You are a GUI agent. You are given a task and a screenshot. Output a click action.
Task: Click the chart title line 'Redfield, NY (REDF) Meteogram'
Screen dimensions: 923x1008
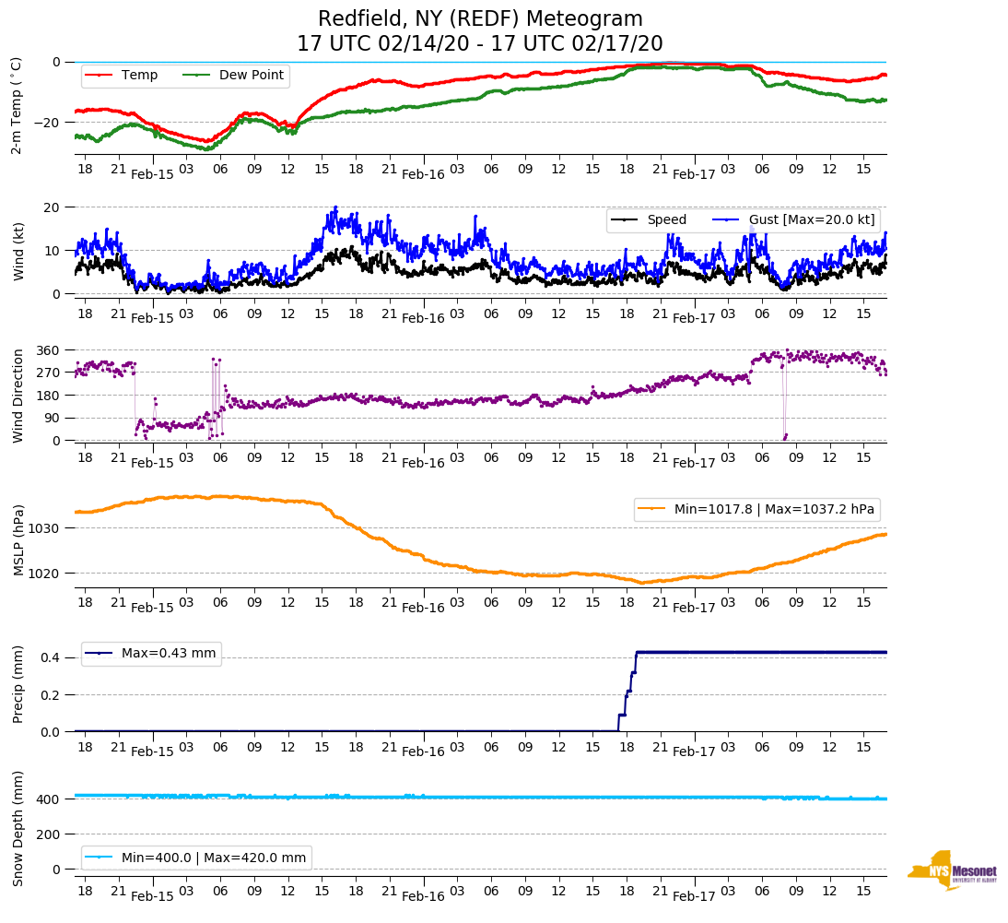(480, 19)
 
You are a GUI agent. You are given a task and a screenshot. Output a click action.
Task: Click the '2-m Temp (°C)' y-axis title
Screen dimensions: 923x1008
(16, 105)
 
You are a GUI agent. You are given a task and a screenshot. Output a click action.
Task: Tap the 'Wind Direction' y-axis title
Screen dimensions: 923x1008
(18, 396)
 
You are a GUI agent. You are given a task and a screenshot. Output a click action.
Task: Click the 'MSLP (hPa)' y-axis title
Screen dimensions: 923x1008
(18, 540)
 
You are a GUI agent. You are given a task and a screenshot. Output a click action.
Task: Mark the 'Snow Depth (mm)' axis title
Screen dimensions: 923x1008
(18, 828)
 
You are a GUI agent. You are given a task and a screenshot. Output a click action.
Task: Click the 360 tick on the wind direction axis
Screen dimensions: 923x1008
(49, 350)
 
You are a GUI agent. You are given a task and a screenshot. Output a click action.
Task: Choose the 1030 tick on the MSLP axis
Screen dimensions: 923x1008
(46, 528)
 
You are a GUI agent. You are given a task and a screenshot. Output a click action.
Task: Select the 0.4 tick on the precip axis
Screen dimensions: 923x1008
(52, 657)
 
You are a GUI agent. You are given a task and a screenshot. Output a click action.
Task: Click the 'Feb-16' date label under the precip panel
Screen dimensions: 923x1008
(423, 752)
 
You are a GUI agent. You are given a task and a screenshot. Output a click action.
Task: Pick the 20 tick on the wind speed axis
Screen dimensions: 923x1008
(53, 207)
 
